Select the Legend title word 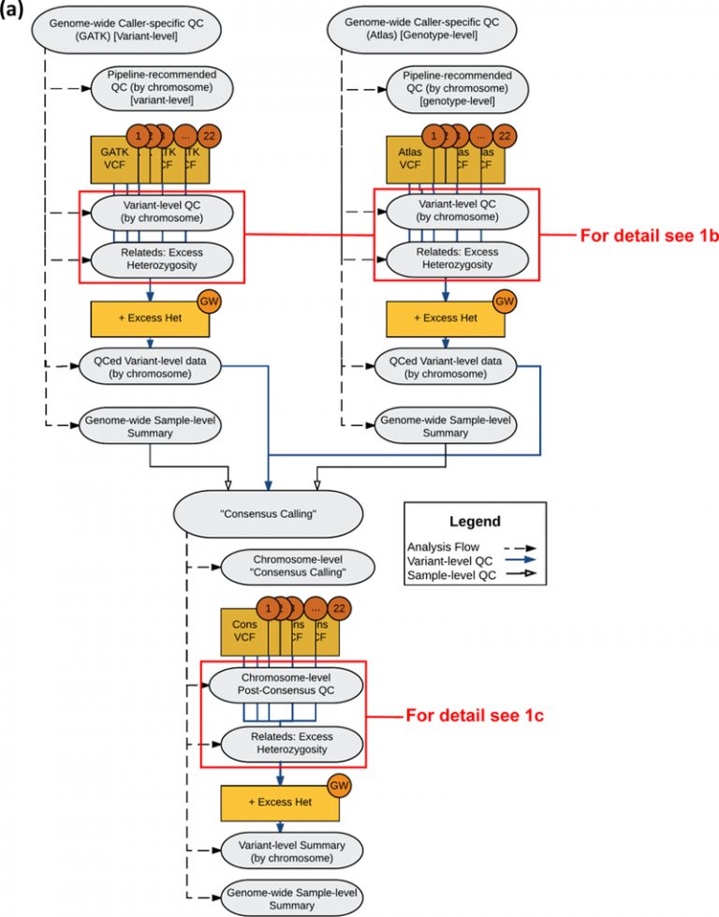tap(474, 522)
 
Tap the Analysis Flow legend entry tap(441, 546)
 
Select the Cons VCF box tap(238, 632)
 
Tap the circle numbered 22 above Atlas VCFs tap(504, 136)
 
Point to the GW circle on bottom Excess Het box tap(337, 785)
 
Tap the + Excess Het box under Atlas tap(446, 318)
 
